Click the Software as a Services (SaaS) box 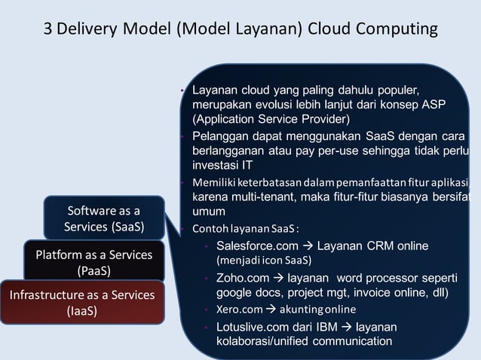(x=103, y=218)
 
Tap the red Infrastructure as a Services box (x=81, y=301)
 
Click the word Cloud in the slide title (x=329, y=29)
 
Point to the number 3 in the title (x=51, y=29)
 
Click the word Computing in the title (x=397, y=29)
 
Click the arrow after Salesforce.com (x=308, y=246)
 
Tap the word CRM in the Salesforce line (x=374, y=246)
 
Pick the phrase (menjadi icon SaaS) (x=264, y=261)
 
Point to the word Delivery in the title (x=87, y=29)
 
